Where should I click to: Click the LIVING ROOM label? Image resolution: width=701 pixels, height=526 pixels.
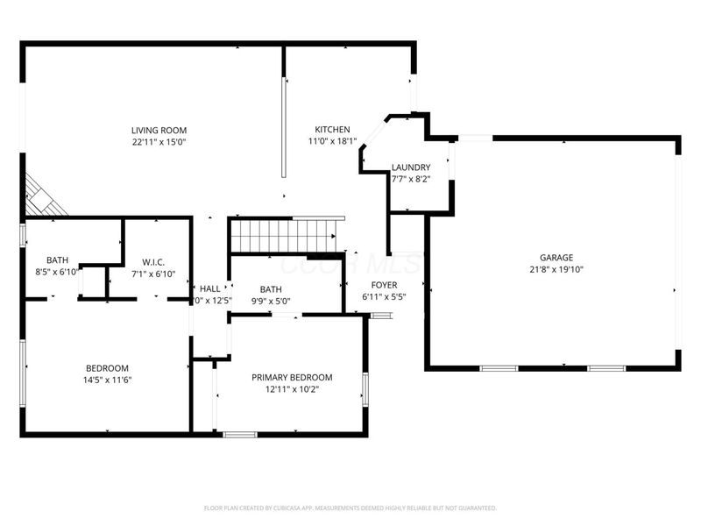tap(159, 131)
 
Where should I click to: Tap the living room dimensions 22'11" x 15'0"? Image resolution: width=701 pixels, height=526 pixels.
tap(159, 142)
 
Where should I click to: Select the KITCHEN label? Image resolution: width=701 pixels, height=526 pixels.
tap(333, 130)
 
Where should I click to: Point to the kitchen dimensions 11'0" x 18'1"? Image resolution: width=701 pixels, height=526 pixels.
tap(333, 141)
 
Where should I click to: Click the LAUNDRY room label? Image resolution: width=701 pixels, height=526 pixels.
tap(410, 167)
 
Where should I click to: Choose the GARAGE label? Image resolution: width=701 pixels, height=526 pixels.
tap(556, 258)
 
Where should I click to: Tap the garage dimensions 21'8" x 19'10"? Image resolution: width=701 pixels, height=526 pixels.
tap(556, 269)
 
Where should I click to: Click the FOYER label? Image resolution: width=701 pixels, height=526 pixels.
tap(384, 286)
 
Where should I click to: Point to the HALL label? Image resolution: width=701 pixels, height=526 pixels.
tap(210, 288)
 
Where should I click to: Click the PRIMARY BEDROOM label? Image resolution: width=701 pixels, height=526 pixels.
tap(292, 378)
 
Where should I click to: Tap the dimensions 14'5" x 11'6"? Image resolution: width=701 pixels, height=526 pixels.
tap(107, 380)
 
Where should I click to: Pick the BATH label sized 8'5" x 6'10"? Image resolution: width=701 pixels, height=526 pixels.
tap(58, 260)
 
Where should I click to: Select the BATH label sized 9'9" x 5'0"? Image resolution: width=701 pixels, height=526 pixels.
tap(271, 289)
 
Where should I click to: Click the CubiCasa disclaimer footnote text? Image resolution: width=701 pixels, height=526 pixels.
tap(350, 508)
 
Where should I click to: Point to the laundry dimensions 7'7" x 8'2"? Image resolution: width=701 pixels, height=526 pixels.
tap(410, 179)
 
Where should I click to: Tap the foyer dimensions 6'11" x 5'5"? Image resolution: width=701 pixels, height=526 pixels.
tap(384, 297)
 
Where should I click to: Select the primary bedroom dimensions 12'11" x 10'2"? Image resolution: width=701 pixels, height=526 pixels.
tap(292, 389)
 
